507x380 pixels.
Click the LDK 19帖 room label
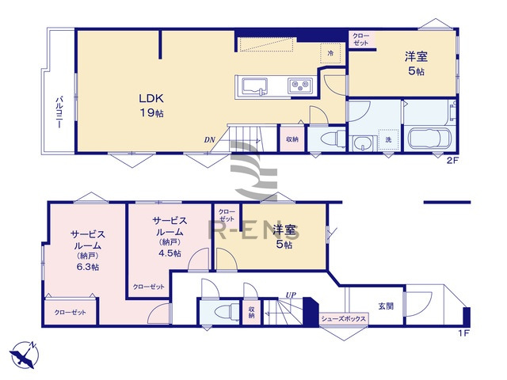pos(152,106)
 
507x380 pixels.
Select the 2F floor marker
pos(452,161)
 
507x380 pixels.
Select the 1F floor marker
pos(463,333)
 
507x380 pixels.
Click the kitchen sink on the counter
pos(253,85)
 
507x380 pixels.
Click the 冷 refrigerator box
pos(331,53)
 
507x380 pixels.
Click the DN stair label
pos(209,141)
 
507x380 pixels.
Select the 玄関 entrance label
pos(386,306)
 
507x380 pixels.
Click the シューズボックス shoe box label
pos(344,319)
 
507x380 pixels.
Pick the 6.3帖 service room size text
pos(89,267)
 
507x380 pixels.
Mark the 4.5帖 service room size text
pos(170,253)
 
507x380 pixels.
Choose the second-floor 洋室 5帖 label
pos(416,63)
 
